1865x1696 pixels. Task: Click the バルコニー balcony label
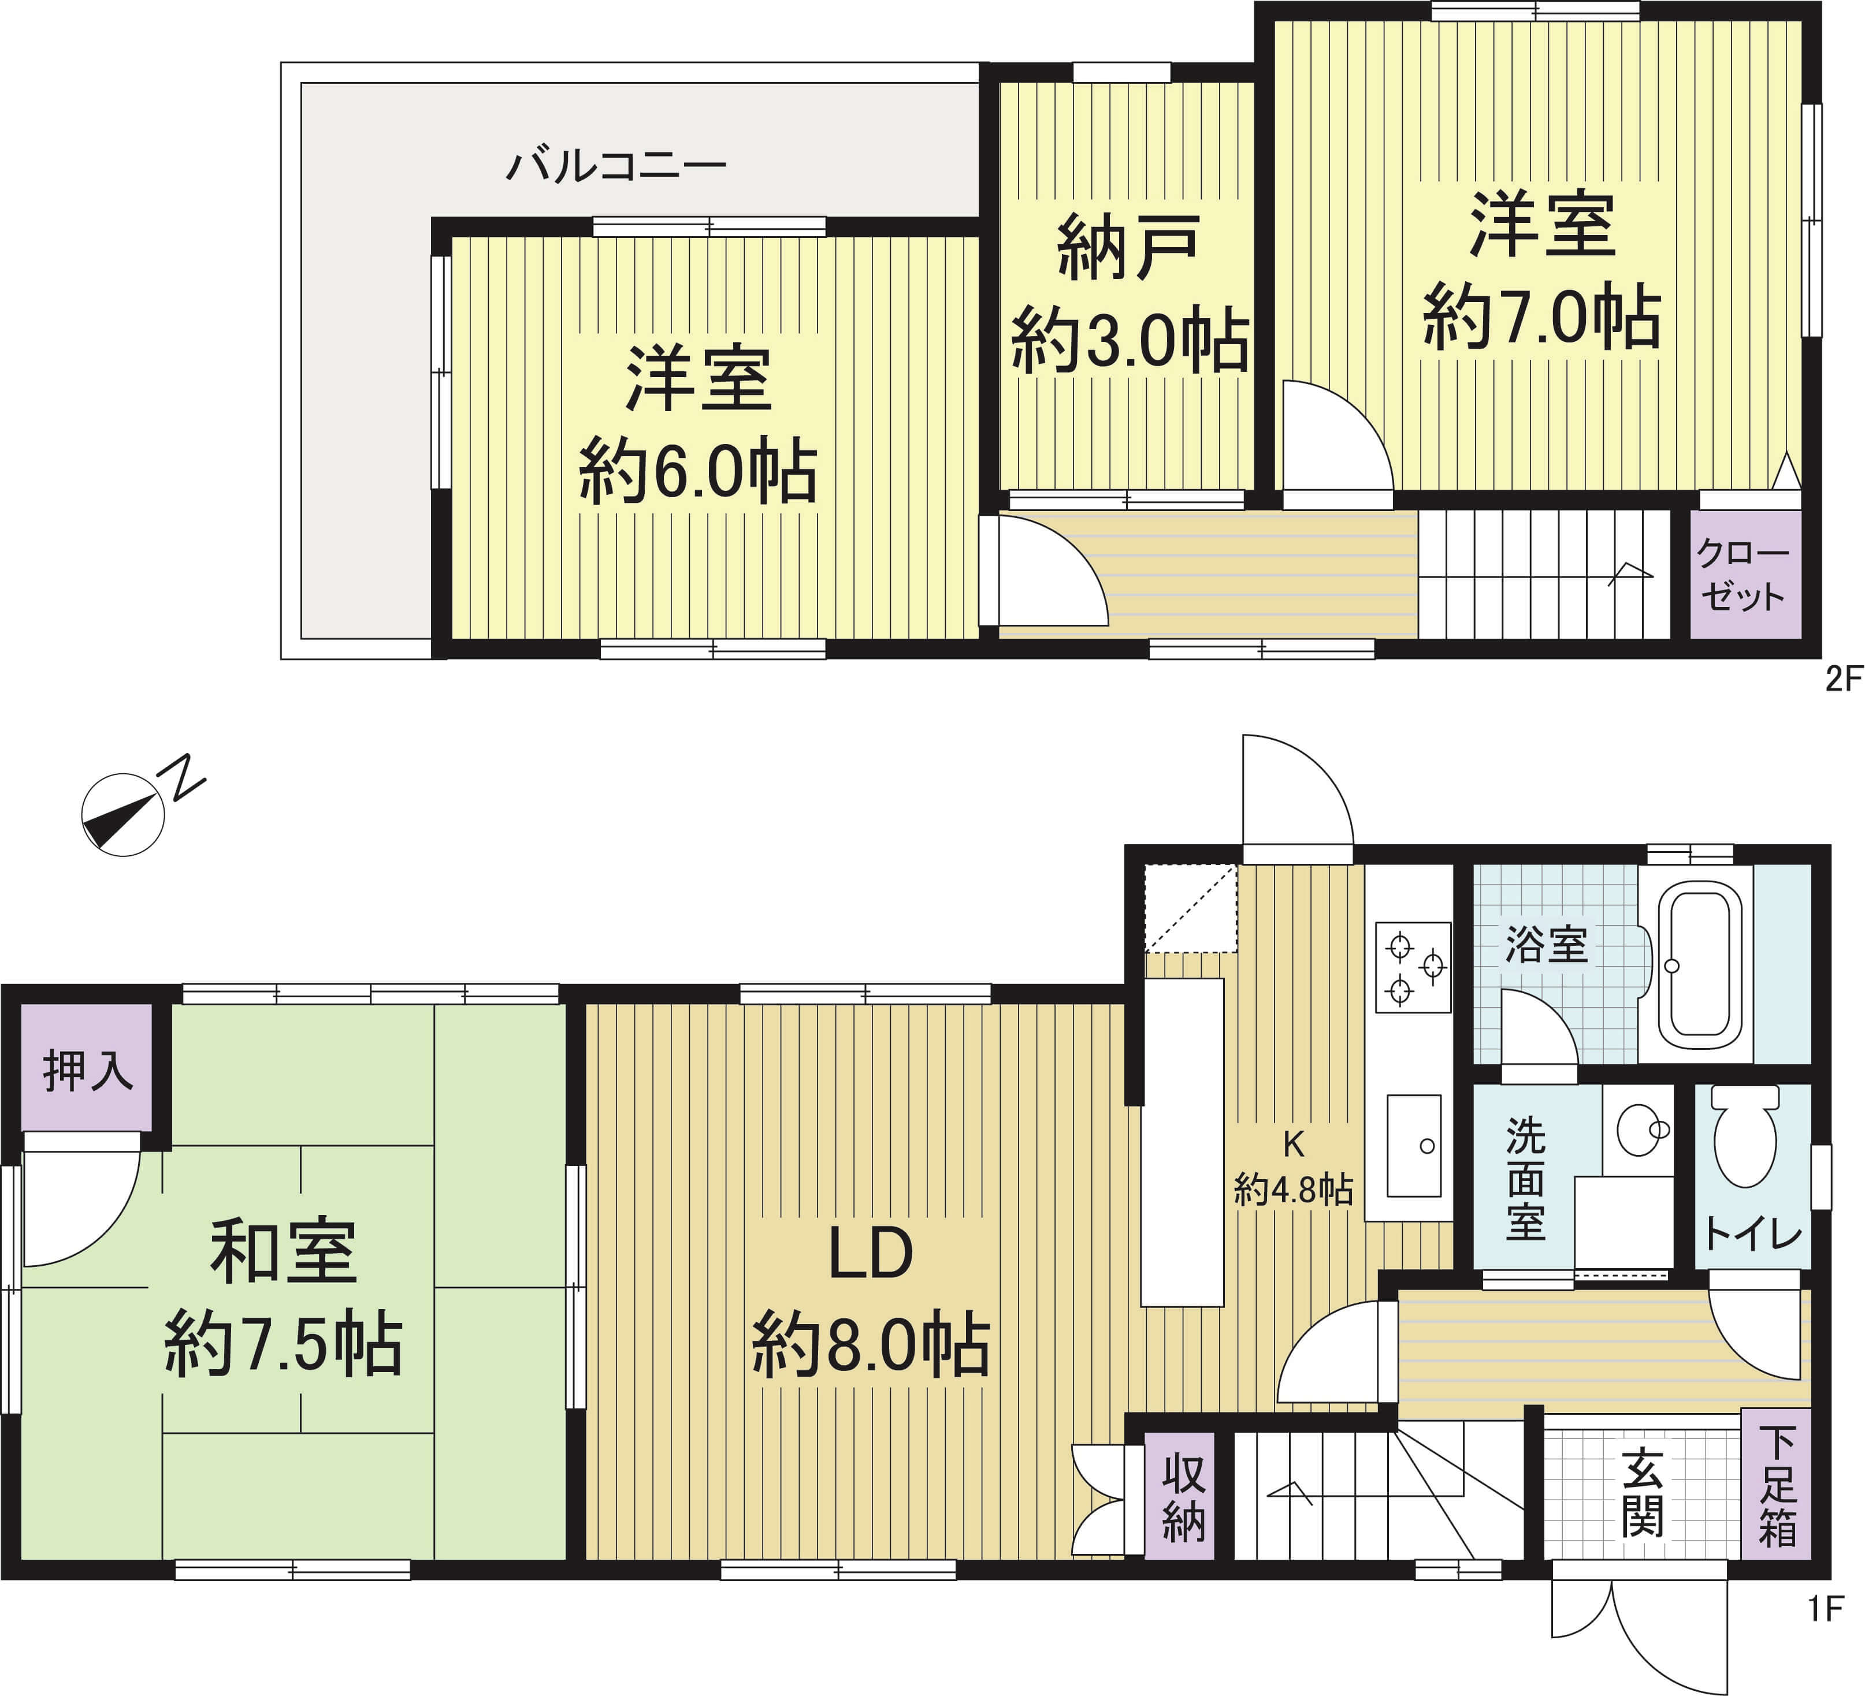pyautogui.click(x=616, y=166)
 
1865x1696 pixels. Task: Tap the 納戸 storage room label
pyautogui.click(x=1128, y=247)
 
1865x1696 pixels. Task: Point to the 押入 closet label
pyautogui.click(x=88, y=1071)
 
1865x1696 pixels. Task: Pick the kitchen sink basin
pyautogui.click(x=1414, y=1146)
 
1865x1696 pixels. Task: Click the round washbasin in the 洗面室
pyautogui.click(x=1640, y=1129)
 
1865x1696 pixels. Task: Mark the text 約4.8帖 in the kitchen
pyautogui.click(x=1293, y=1189)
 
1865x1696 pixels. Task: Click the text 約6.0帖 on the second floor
pyautogui.click(x=697, y=472)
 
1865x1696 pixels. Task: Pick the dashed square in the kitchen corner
pyautogui.click(x=1191, y=908)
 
